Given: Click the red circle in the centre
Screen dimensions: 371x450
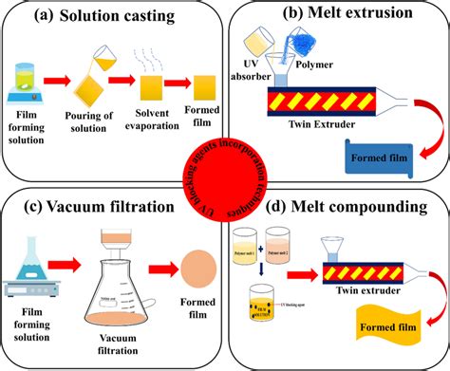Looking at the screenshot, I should [x=225, y=185].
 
